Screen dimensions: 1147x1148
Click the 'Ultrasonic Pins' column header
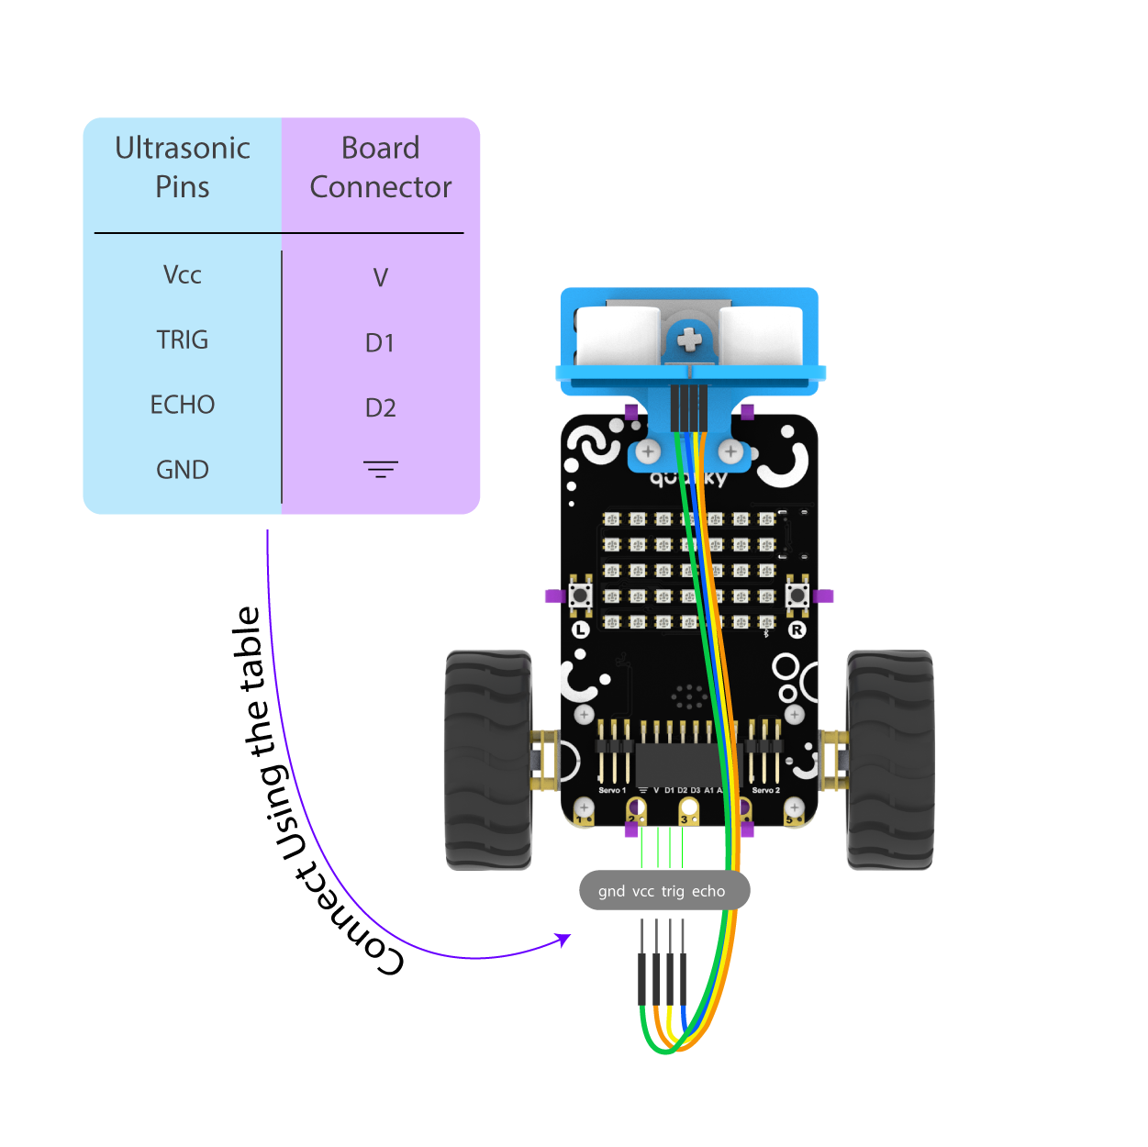182,167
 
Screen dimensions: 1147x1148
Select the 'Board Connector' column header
380,167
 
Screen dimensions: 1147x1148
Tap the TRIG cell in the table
182,340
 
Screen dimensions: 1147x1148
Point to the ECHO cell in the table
182,405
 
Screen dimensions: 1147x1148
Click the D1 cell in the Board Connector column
380,342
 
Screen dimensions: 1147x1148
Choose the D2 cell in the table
380,407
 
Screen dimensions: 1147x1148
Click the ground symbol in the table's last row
380,470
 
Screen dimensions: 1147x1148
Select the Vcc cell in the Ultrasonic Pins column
182,274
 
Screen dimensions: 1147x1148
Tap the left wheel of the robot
488,760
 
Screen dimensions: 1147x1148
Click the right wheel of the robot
889,760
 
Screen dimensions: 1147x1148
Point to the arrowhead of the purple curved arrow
564,939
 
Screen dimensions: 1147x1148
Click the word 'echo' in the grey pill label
708,891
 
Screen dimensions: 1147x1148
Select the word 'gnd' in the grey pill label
611,891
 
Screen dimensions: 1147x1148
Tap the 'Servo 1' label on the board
612,790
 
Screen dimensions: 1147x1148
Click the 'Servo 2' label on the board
765,790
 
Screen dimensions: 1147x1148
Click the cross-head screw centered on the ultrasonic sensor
689,341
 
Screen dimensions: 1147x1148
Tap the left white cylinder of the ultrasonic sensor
619,337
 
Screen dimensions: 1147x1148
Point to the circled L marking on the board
580,629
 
